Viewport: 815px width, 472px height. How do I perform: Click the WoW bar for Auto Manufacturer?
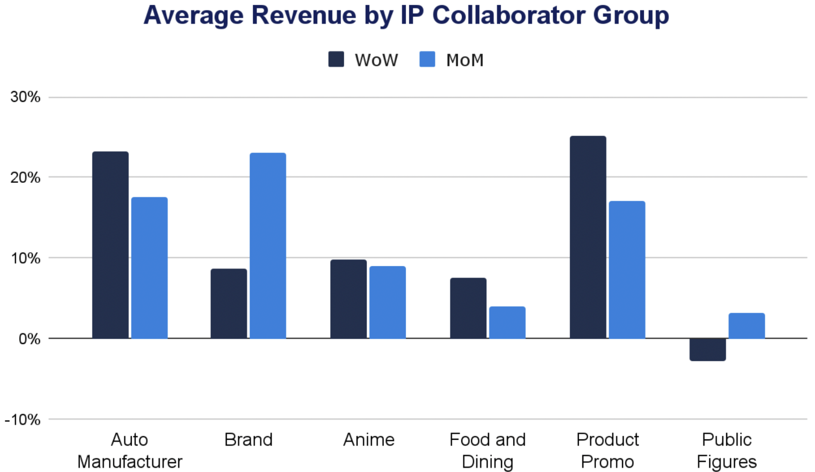coord(110,245)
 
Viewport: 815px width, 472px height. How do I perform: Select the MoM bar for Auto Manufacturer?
coord(149,268)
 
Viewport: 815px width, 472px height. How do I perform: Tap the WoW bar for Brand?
coord(229,303)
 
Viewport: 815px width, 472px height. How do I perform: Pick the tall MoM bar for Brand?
coord(268,246)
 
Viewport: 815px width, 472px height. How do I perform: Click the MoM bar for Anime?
coord(387,302)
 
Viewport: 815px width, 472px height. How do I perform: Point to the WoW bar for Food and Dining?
coord(468,308)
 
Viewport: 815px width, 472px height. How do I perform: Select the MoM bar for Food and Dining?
coord(507,322)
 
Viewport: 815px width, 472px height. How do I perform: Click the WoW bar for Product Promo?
coord(588,237)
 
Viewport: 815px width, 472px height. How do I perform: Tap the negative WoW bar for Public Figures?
coord(707,349)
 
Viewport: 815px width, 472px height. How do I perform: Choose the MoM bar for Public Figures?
coord(747,326)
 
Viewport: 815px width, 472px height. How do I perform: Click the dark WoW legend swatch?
coord(336,59)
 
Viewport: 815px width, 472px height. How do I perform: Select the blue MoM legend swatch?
coord(427,59)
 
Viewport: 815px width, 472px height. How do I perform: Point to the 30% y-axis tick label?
coord(25,97)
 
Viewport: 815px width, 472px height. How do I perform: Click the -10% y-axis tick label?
coord(23,420)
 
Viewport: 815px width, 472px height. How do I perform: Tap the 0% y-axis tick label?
coord(29,339)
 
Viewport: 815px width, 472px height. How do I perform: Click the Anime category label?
coord(369,440)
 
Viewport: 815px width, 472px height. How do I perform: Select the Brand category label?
coord(248,440)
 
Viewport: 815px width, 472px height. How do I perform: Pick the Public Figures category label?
coord(726,450)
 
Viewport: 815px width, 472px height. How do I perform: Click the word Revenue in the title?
coord(304,15)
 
